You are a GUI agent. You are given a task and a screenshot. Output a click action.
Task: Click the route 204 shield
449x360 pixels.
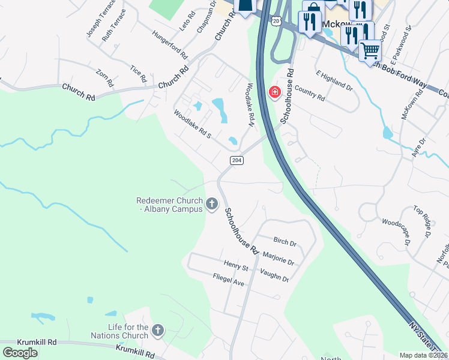point(237,160)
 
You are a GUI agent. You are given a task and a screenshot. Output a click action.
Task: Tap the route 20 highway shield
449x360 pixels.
point(276,20)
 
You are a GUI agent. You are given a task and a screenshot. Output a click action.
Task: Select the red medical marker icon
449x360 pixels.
point(275,92)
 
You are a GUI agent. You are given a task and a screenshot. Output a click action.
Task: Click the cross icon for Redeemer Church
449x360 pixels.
point(211,205)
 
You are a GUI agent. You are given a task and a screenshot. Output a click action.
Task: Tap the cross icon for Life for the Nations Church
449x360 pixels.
point(157,330)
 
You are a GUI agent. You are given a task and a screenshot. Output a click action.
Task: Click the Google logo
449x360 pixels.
point(20,352)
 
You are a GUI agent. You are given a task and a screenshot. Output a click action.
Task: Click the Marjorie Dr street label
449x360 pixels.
point(279,259)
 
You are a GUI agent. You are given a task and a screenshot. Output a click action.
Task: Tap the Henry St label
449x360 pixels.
point(236,266)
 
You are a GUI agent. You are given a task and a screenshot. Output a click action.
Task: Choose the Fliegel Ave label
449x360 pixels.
point(229,280)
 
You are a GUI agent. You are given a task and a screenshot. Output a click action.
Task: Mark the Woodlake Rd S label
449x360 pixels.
point(192,124)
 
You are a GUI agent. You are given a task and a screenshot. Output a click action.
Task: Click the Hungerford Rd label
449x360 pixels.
point(168,46)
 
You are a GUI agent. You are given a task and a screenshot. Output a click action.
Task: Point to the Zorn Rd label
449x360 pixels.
point(104,78)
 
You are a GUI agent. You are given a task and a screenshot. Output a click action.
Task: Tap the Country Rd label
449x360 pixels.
point(310,95)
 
